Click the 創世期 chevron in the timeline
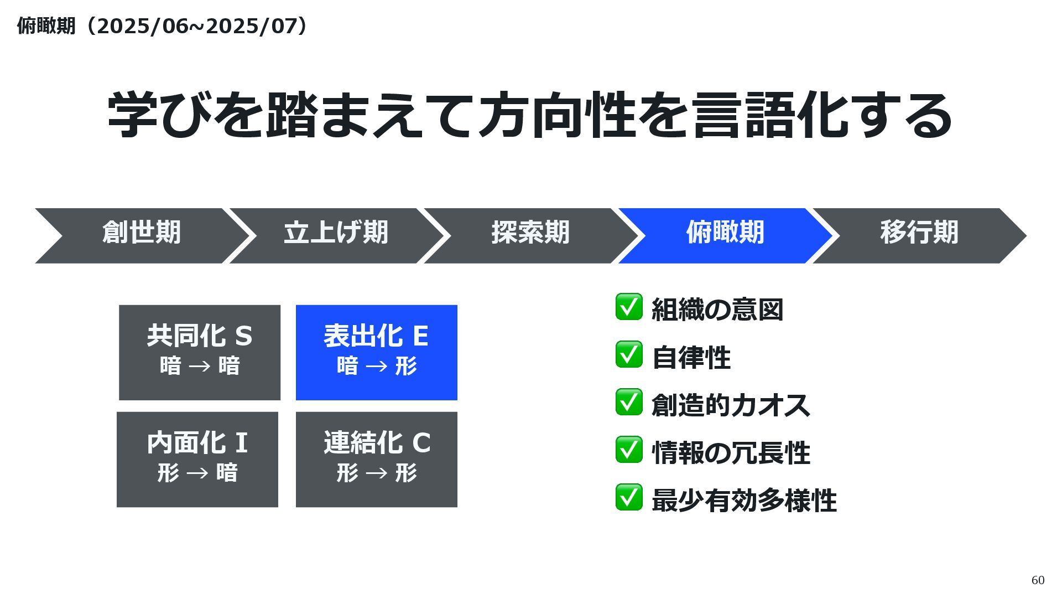pyautogui.click(x=141, y=235)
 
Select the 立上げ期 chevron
pyautogui.click(x=336, y=235)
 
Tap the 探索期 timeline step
pyautogui.click(x=530, y=235)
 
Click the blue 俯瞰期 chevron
pyautogui.click(x=725, y=235)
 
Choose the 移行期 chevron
pyautogui.click(x=919, y=235)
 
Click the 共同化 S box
pyautogui.click(x=200, y=352)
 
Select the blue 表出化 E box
pyautogui.click(x=376, y=352)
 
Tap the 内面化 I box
pyautogui.click(x=197, y=459)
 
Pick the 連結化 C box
pyautogui.click(x=376, y=459)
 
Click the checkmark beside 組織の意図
pyautogui.click(x=629, y=307)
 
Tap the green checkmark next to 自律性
pyautogui.click(x=629, y=354)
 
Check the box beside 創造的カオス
pyautogui.click(x=629, y=402)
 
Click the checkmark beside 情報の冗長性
pyautogui.click(x=629, y=450)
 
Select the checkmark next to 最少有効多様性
pyautogui.click(x=629, y=497)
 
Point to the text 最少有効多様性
pyautogui.click(x=744, y=501)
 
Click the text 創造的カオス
pyautogui.click(x=731, y=405)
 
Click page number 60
pyautogui.click(x=1038, y=580)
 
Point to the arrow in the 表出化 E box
pyautogui.click(x=376, y=366)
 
